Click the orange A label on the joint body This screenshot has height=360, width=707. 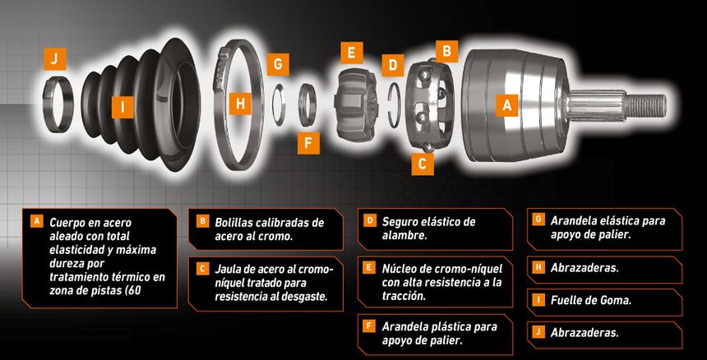(x=507, y=105)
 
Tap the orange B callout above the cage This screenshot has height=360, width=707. (x=447, y=51)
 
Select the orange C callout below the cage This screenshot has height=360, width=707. (x=423, y=164)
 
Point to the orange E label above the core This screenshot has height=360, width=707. (x=352, y=53)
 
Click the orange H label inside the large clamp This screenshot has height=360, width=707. (x=240, y=104)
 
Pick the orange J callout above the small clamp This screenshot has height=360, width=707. (x=54, y=59)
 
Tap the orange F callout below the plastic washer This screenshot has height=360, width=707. (x=308, y=143)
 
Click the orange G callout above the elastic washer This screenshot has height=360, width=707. (x=278, y=64)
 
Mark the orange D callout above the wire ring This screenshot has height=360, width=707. (x=393, y=65)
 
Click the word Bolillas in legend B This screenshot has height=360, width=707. (x=235, y=223)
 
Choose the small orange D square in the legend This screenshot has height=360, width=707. (x=369, y=221)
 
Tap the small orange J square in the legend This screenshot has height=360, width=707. (x=537, y=332)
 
